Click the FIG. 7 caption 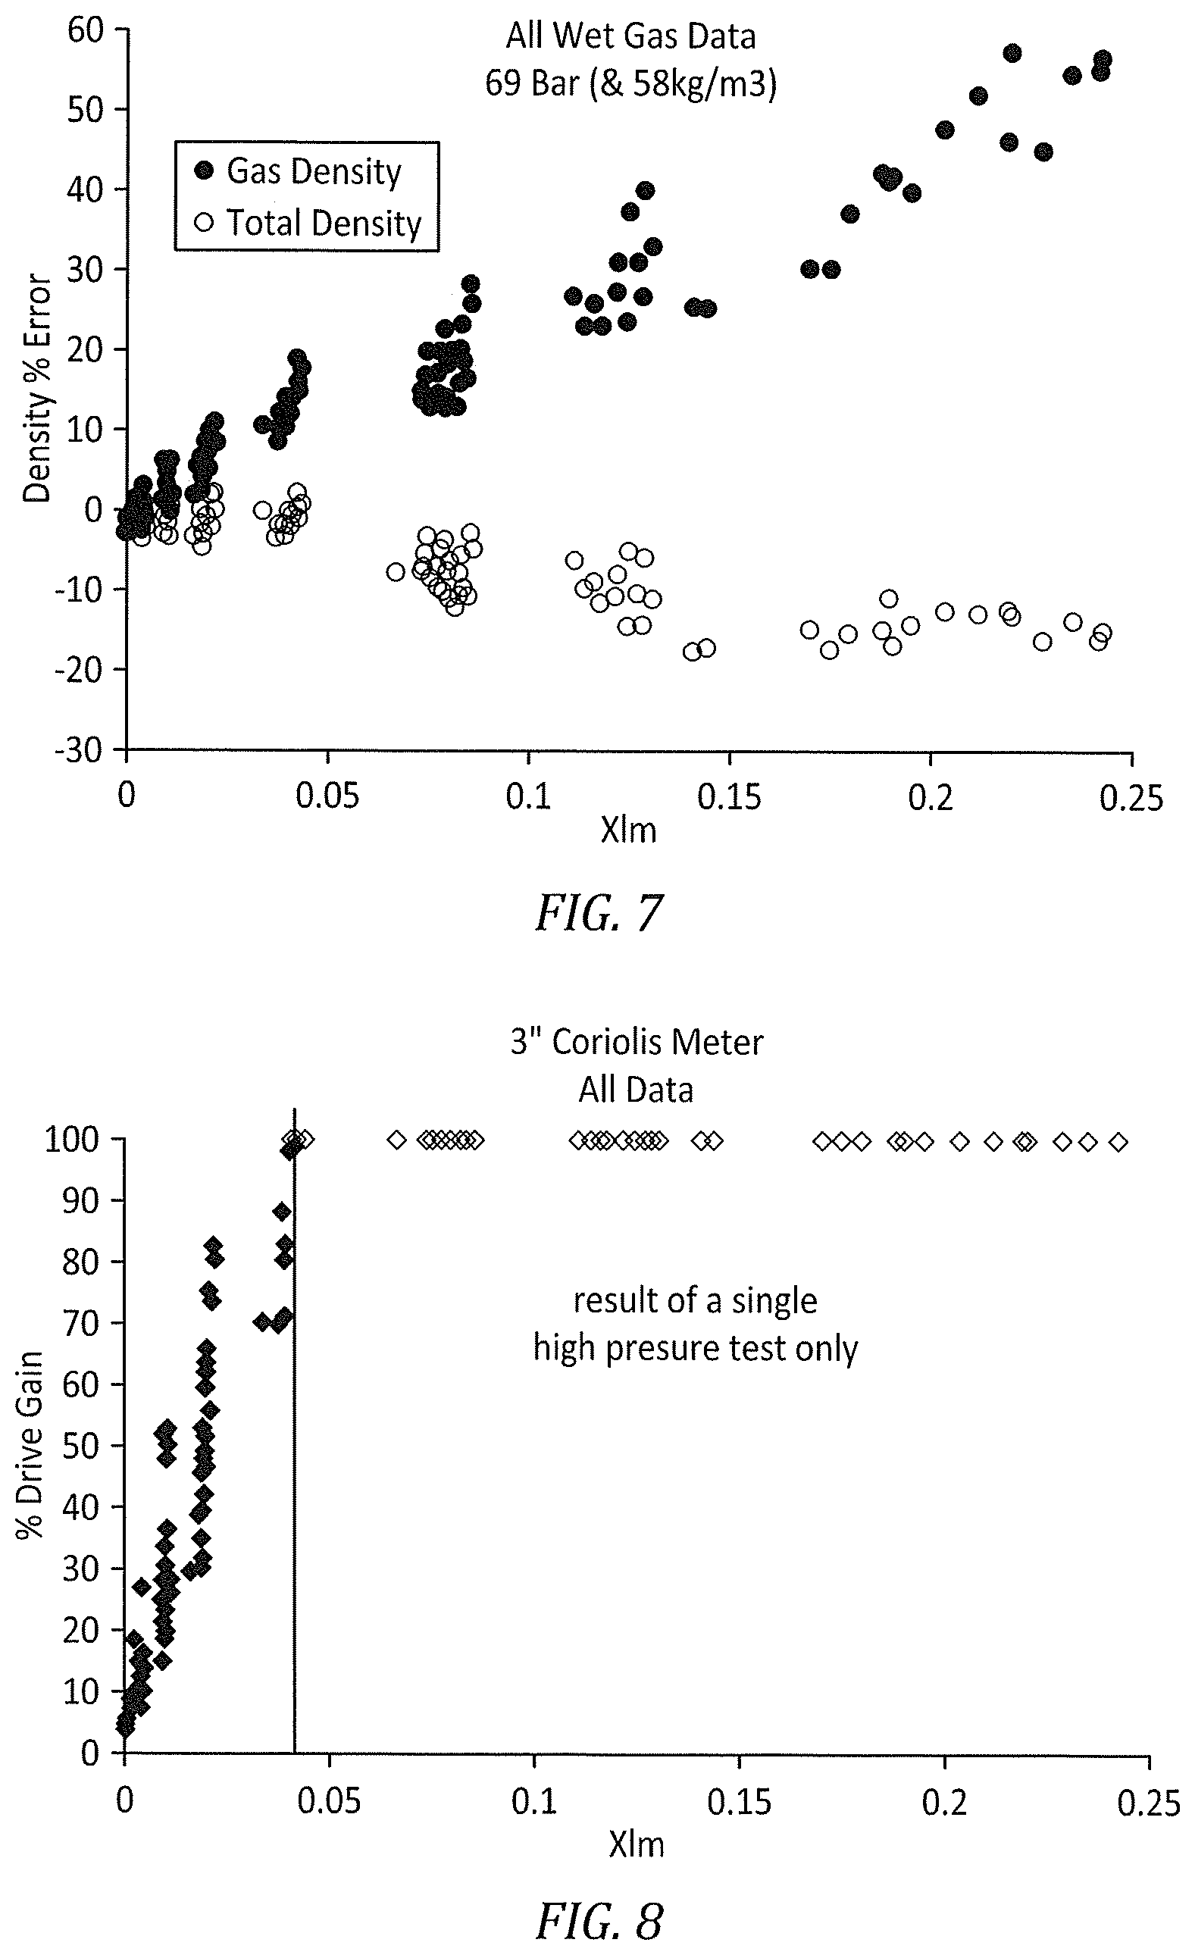click(599, 912)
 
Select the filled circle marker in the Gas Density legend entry click(205, 170)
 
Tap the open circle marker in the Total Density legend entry click(205, 223)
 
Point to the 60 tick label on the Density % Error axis click(86, 30)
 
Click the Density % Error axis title click(36, 389)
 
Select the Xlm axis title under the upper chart click(628, 831)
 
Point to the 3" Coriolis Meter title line click(637, 1043)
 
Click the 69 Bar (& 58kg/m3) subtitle click(630, 84)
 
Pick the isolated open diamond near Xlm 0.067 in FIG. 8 click(397, 1140)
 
